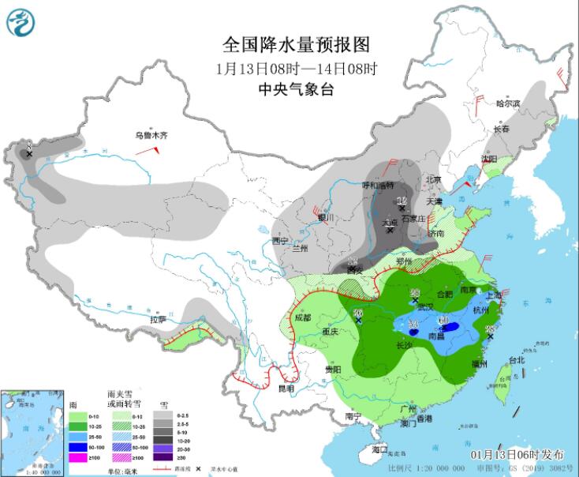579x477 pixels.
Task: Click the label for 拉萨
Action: pos(158,320)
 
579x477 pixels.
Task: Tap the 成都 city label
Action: pos(304,317)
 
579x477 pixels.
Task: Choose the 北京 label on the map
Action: pos(434,179)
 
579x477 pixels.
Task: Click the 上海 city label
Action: pos(495,295)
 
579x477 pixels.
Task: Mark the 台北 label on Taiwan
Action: pos(516,360)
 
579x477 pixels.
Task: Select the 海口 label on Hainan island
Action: pos(380,449)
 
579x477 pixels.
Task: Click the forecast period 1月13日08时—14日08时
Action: pos(296,68)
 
